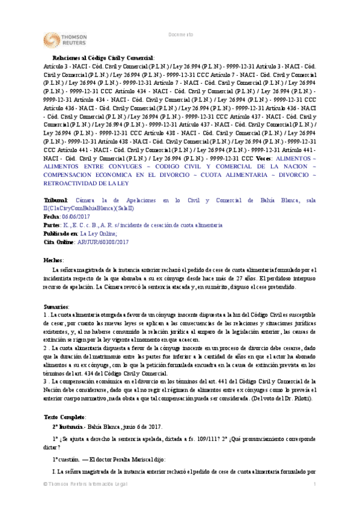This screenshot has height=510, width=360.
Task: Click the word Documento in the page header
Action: coord(180,35)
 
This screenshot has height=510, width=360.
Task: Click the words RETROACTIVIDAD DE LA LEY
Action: coord(80,183)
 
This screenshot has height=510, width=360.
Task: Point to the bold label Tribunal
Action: coord(56,199)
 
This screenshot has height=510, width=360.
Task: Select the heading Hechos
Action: coord(53,260)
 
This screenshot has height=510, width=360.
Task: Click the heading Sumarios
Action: coord(56,307)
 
